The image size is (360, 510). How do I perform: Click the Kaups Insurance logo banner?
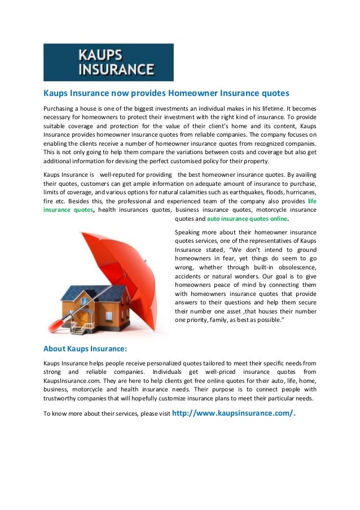click(x=108, y=62)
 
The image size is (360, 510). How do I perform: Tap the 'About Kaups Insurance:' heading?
click(x=85, y=348)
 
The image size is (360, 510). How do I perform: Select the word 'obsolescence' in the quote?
click(x=294, y=267)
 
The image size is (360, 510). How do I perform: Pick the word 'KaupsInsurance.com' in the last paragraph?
click(x=72, y=381)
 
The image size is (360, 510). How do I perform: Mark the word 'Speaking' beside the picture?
click(x=188, y=232)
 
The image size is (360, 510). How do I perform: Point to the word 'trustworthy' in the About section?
click(x=62, y=399)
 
